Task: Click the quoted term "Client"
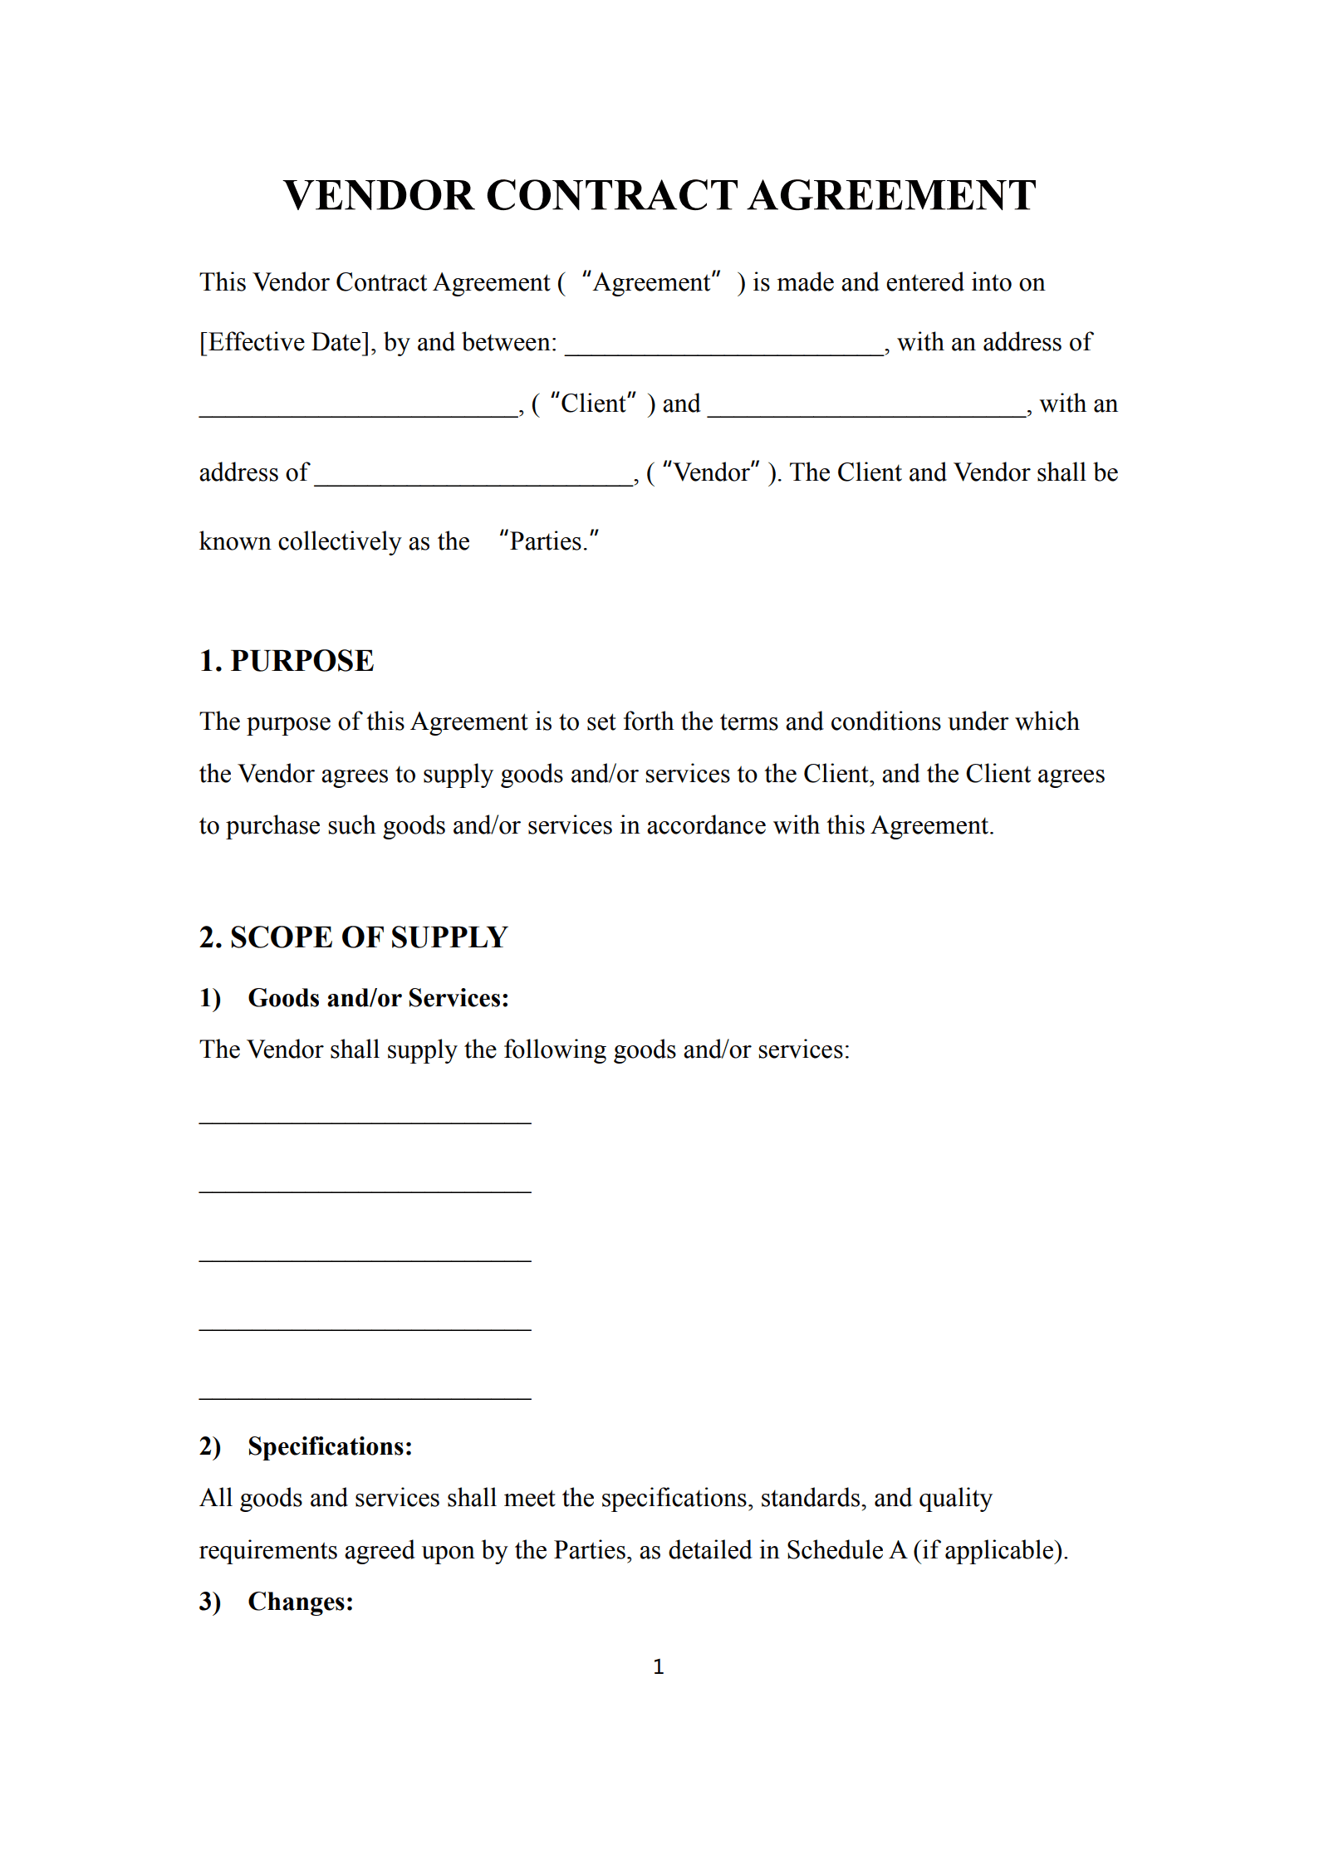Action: click(593, 404)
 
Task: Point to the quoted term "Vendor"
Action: click(711, 472)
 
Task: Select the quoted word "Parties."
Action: click(549, 541)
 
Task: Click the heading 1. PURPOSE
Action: click(287, 661)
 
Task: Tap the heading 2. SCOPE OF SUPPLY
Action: click(353, 937)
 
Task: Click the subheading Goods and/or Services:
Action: click(378, 998)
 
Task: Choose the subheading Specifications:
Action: click(330, 1446)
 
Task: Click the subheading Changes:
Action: click(301, 1602)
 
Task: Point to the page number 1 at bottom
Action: click(659, 1666)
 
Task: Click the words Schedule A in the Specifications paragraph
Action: click(846, 1550)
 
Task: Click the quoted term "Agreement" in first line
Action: click(652, 283)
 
